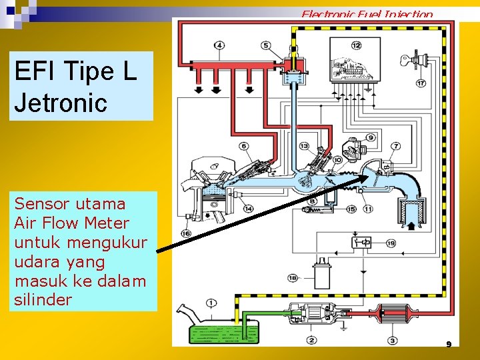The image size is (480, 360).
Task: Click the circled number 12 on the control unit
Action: point(356,45)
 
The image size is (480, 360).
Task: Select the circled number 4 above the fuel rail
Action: point(220,45)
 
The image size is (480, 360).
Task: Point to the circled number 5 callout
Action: point(266,45)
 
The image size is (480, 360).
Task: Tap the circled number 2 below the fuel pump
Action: point(312,341)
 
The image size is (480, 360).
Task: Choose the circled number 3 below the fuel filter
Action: point(393,341)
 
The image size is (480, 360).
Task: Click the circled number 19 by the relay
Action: point(391,243)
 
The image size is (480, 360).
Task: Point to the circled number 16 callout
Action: point(185,233)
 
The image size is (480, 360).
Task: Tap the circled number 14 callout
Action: point(248,209)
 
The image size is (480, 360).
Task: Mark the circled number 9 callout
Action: point(370,137)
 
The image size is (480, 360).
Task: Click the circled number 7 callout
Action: point(396,146)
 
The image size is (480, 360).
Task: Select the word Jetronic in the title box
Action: point(60,103)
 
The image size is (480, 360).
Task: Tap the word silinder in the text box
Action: point(43,299)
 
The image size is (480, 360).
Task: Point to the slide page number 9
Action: point(449,345)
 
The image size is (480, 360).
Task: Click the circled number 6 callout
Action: point(243,146)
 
